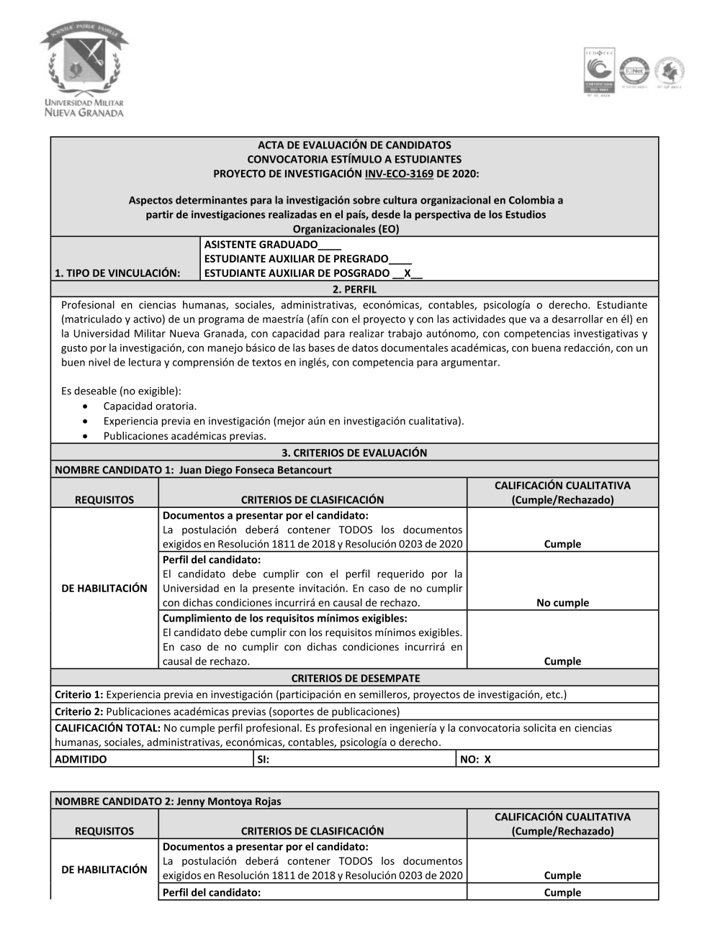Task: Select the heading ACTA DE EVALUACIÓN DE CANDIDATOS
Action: pyautogui.click(x=354, y=145)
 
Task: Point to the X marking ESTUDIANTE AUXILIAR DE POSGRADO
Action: pyautogui.click(x=408, y=273)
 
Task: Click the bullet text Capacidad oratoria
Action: pyautogui.click(x=150, y=407)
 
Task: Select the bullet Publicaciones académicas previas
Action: pyautogui.click(x=184, y=436)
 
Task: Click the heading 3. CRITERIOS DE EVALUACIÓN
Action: pyautogui.click(x=354, y=453)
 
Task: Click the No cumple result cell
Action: pyautogui.click(x=562, y=603)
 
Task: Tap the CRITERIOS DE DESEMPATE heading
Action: pyautogui.click(x=355, y=678)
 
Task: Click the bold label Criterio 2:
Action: pyautogui.click(x=79, y=712)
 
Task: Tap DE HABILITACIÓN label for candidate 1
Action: pyautogui.click(x=104, y=588)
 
